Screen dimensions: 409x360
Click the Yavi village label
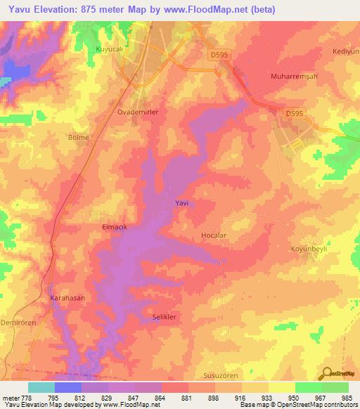coord(181,203)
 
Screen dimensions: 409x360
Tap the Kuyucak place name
coord(108,49)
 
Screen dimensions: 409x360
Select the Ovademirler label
coord(137,112)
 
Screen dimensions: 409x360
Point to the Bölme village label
coord(77,138)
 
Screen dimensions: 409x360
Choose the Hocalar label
coord(214,236)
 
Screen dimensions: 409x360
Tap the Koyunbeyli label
coord(310,249)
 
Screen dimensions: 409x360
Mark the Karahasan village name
coord(67,298)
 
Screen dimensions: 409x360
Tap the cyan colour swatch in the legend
coord(41,387)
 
